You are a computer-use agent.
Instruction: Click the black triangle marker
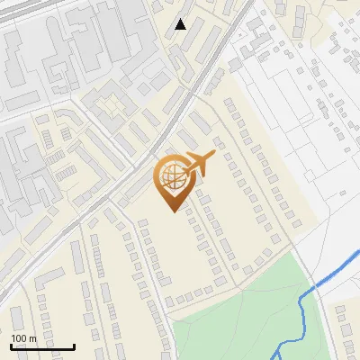point(181,24)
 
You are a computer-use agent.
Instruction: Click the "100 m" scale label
point(23,338)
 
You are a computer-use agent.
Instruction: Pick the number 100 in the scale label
point(19,338)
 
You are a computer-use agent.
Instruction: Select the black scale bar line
point(42,346)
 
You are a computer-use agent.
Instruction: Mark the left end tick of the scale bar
point(11,345)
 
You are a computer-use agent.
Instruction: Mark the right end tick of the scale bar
point(74,345)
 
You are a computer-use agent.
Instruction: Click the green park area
point(234,315)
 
